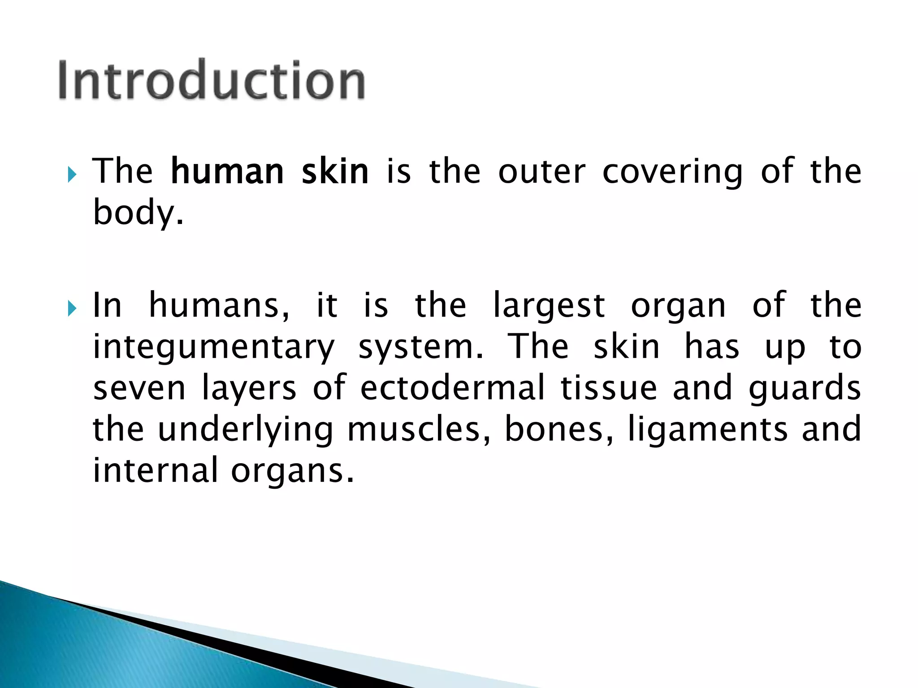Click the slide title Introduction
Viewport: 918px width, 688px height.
(212, 80)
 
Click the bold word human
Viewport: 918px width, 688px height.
(227, 172)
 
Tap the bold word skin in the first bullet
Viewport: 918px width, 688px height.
(335, 172)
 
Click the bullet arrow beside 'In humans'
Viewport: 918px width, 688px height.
(72, 308)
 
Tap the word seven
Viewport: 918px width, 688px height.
(139, 388)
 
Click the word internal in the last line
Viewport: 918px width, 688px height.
(155, 470)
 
